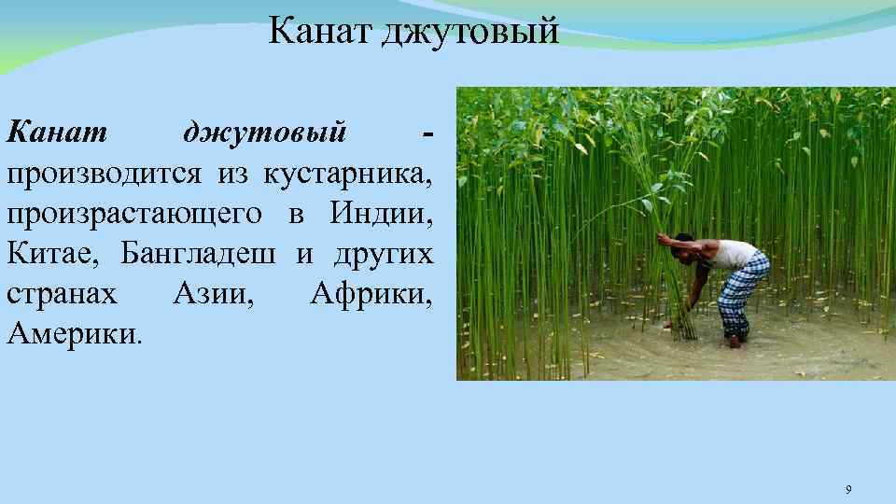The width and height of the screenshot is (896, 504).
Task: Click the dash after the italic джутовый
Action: click(x=427, y=133)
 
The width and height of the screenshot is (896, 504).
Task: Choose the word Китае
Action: click(x=53, y=254)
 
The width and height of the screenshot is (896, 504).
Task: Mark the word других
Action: click(x=383, y=254)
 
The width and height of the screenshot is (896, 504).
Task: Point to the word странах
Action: click(x=62, y=294)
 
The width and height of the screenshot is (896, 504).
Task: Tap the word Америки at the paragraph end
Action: click(x=73, y=333)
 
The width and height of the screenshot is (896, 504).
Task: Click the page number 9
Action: click(x=847, y=490)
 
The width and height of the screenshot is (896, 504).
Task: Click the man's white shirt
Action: click(x=734, y=253)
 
